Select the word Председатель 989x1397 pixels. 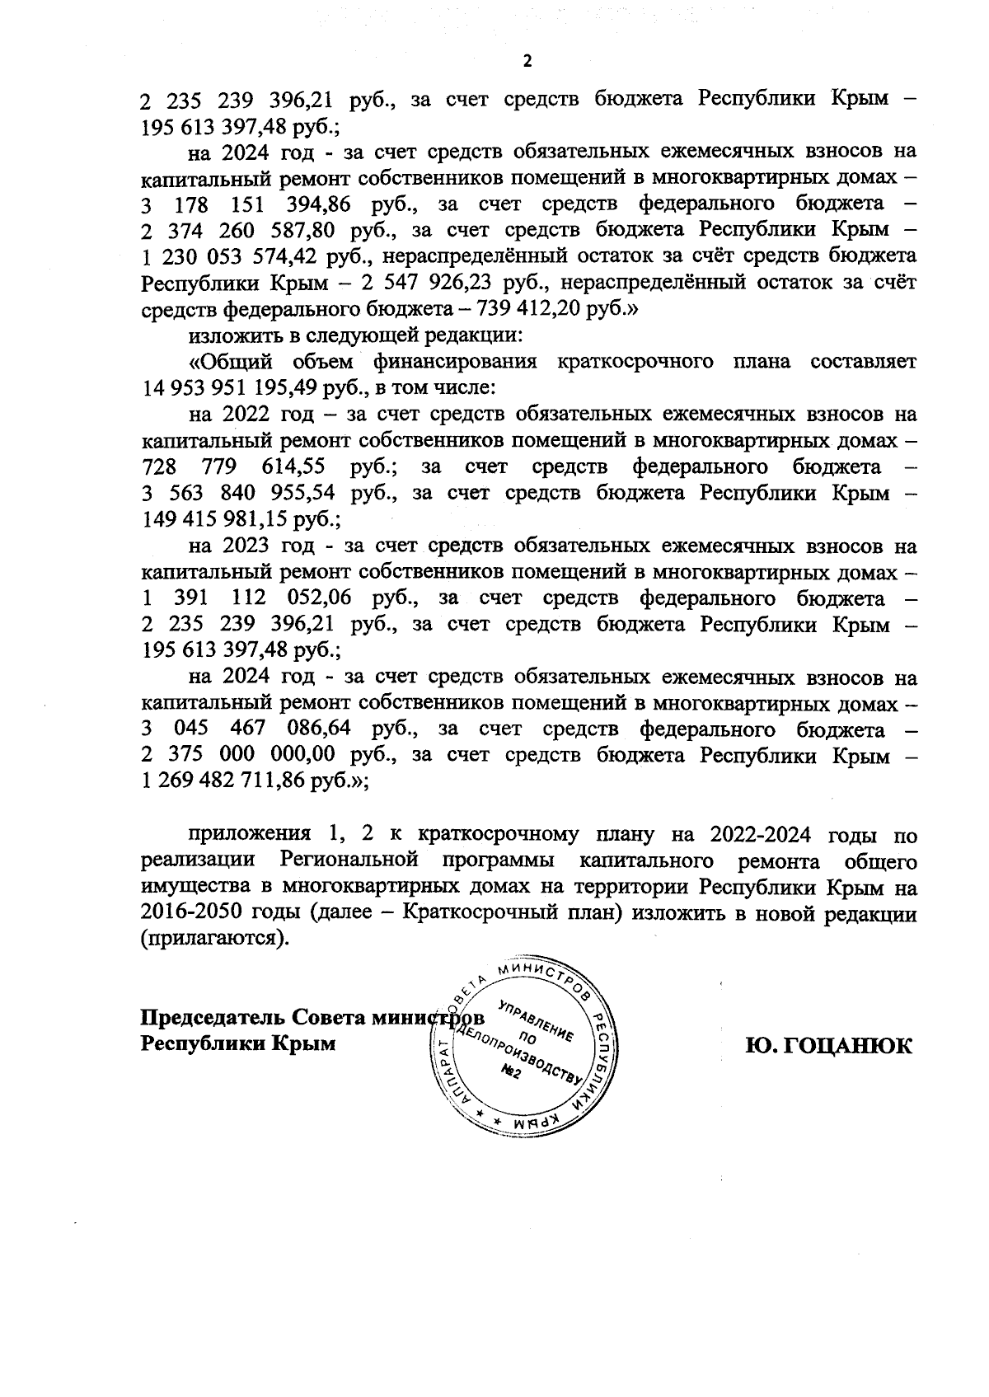point(212,1016)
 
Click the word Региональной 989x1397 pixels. point(345,861)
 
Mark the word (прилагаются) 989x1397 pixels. point(217,940)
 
